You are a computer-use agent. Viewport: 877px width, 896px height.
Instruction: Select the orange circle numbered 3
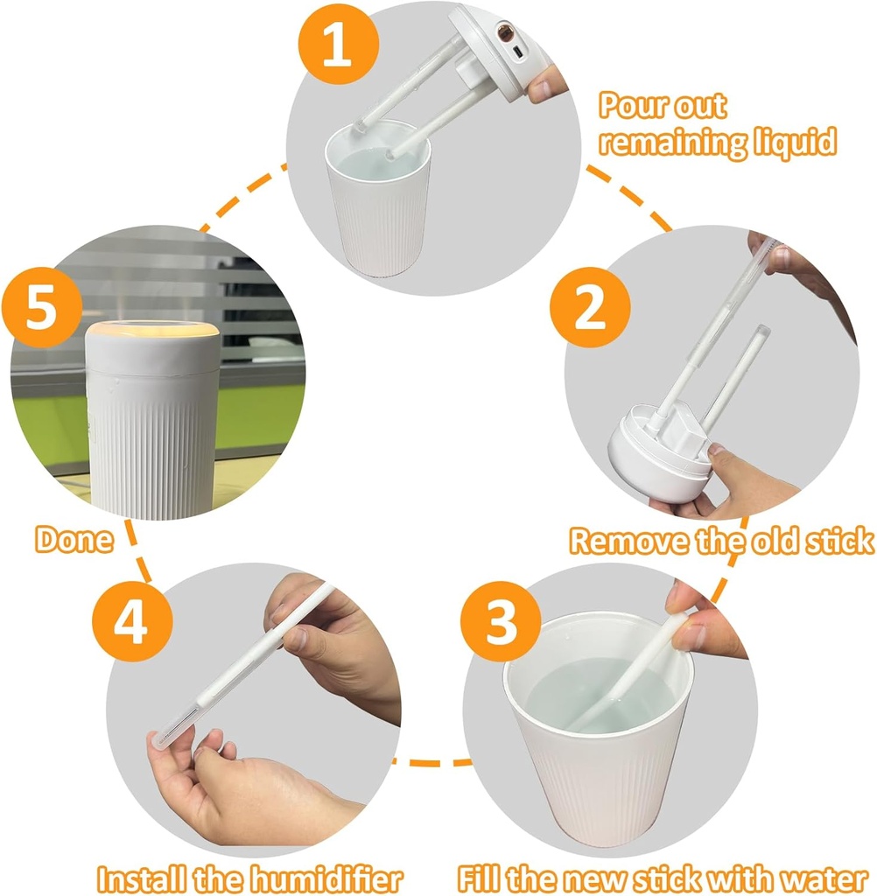point(502,620)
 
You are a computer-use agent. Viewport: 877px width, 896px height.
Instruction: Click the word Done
point(74,539)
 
